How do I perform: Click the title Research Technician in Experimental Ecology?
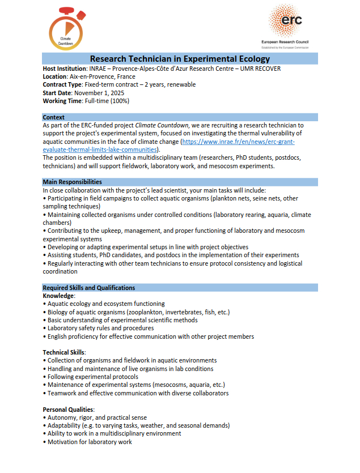[180, 59]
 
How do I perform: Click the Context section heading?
[54, 117]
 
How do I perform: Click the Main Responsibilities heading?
[72, 182]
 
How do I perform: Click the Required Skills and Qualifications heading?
[89, 288]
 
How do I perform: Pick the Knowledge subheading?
[58, 296]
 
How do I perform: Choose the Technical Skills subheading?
[63, 352]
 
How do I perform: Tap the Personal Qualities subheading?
[67, 409]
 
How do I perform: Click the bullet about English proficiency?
[151, 336]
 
